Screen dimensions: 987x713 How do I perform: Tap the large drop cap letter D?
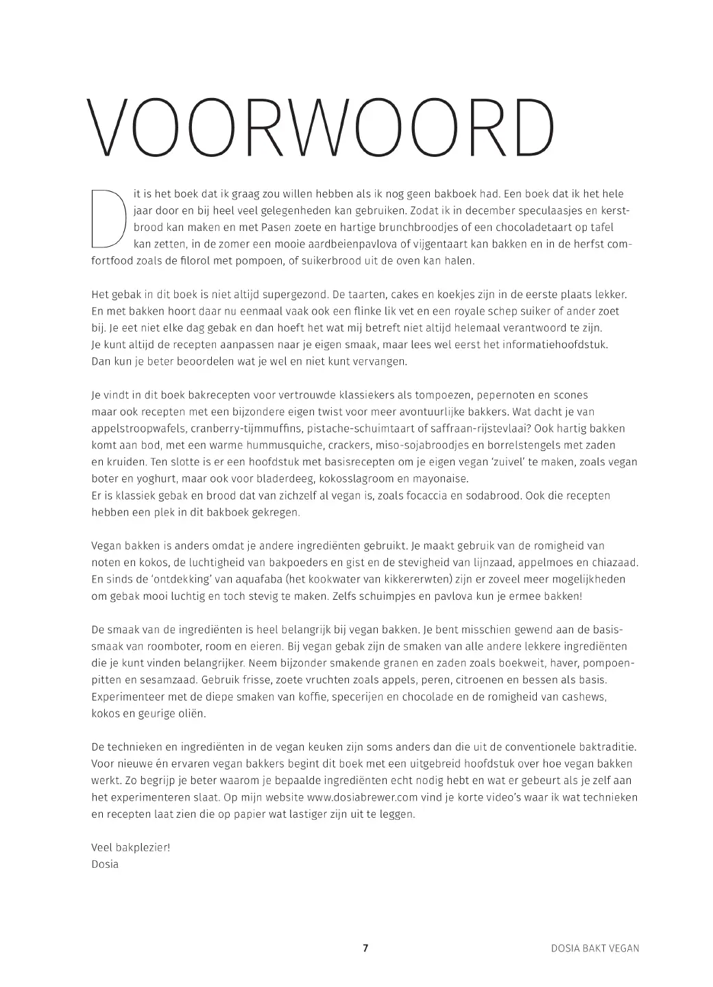108,217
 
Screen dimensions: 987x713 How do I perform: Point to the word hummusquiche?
237,446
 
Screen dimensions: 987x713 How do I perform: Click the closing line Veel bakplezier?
130,847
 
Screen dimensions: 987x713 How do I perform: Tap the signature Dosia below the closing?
105,864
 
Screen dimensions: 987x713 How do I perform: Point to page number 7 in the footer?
365,949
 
